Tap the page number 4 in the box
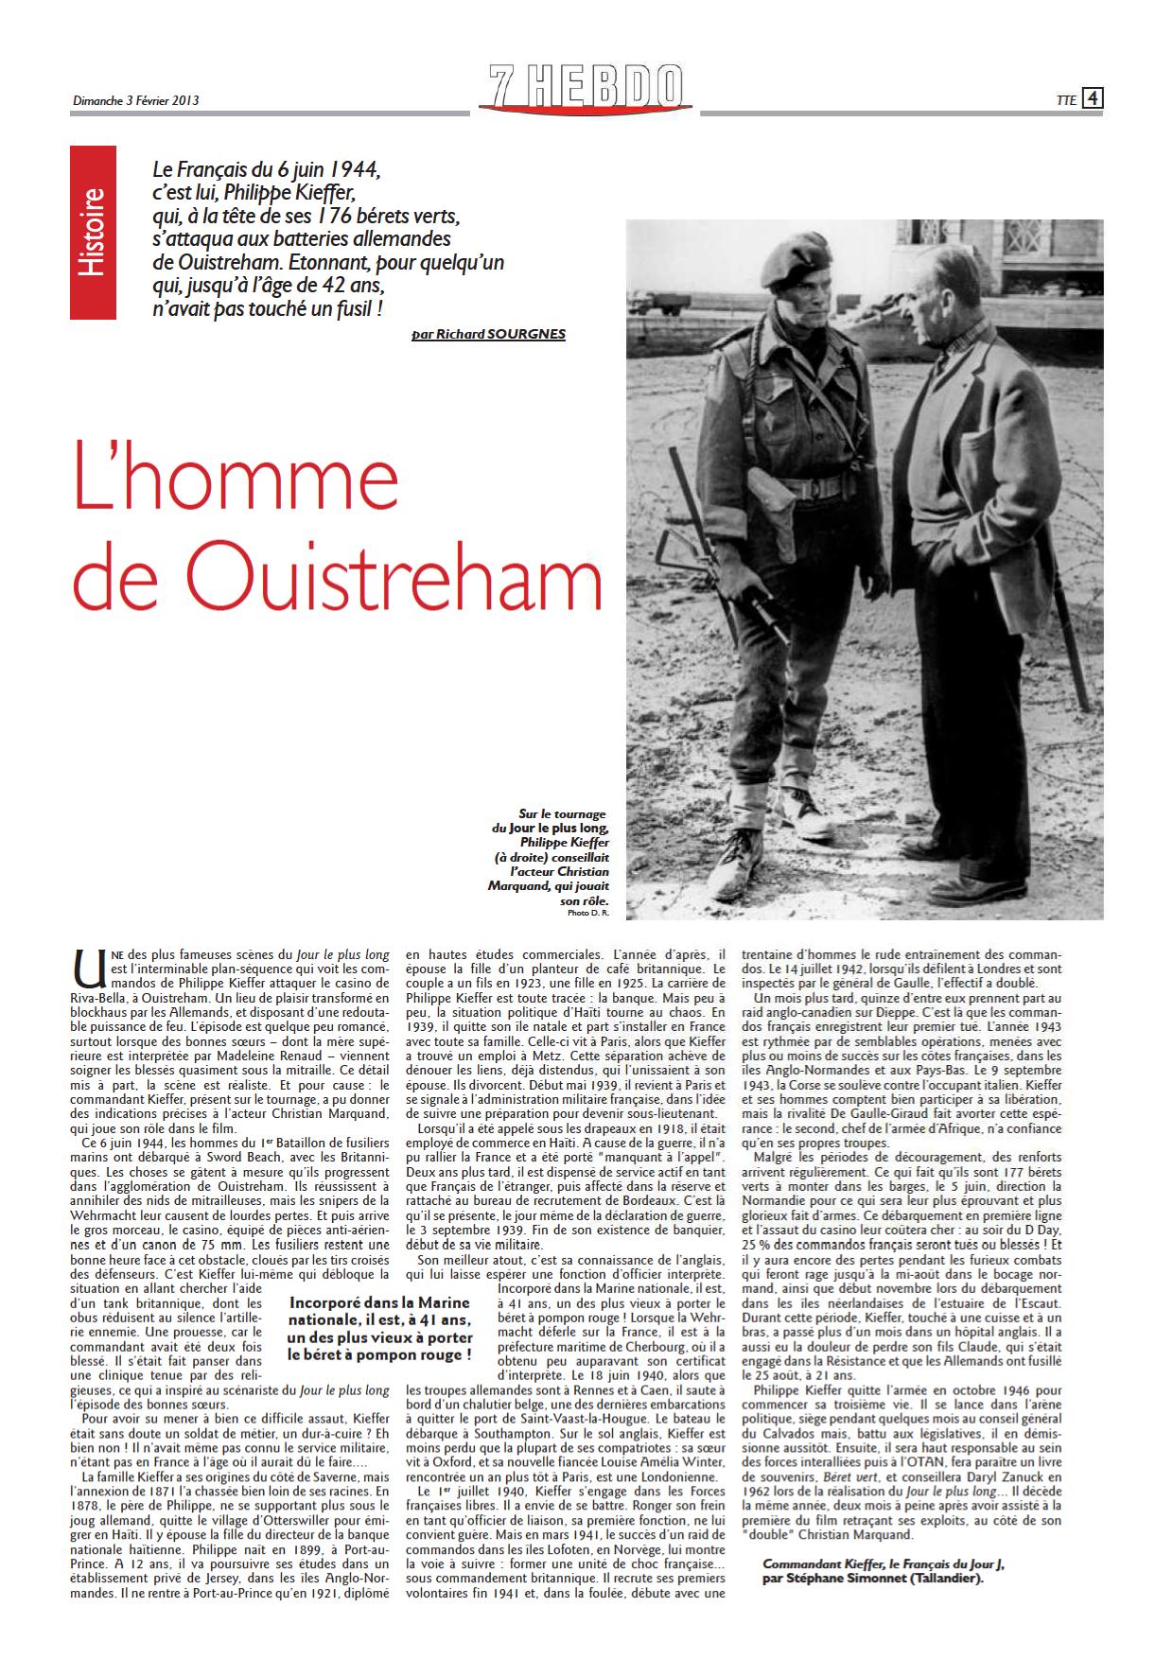tap(1092, 97)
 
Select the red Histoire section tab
tap(93, 232)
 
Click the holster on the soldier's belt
tap(762, 496)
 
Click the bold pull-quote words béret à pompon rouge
tap(378, 1354)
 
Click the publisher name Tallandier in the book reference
tap(946, 1578)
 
